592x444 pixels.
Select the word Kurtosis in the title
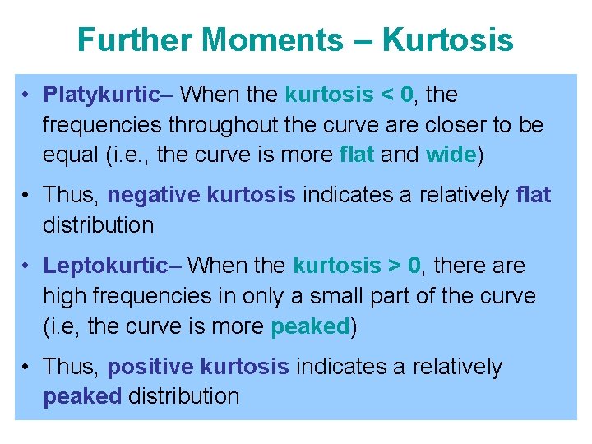click(448, 39)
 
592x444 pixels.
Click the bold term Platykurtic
click(100, 95)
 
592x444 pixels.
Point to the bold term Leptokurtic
click(104, 266)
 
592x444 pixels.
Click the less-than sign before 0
click(388, 95)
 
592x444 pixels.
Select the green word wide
click(451, 154)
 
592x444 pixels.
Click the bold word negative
click(155, 195)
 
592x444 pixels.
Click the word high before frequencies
click(65, 295)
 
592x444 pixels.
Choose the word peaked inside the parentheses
click(310, 326)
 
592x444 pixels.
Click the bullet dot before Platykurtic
click(27, 95)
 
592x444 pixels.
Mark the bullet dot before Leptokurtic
click(27, 266)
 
